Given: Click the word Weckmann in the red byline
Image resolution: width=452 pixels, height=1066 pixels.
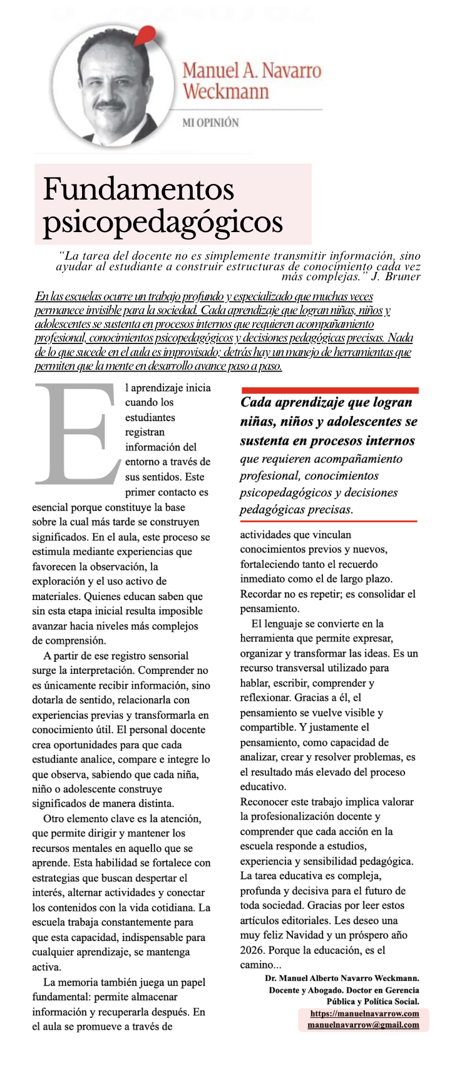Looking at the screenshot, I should (x=225, y=91).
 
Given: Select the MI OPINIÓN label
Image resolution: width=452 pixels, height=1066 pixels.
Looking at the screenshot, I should (x=210, y=123).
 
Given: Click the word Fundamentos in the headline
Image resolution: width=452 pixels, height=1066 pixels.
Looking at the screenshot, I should (x=138, y=189).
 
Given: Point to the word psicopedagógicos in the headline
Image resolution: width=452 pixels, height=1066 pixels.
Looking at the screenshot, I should (x=163, y=221).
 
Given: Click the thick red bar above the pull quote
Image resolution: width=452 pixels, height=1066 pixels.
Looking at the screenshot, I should (x=329, y=390).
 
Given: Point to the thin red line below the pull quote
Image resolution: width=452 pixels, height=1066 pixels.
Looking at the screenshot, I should (x=328, y=520).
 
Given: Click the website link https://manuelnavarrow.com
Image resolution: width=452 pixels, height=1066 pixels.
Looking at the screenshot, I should (x=364, y=1013).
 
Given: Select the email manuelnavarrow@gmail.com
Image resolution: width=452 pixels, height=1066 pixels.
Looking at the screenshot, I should (x=363, y=1025).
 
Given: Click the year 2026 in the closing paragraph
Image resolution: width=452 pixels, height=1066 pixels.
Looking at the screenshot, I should (x=253, y=950).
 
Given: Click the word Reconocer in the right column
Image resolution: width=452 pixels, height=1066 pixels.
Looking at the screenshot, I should (x=264, y=802).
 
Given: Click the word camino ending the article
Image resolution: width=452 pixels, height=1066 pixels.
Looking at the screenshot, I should (x=256, y=965).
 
